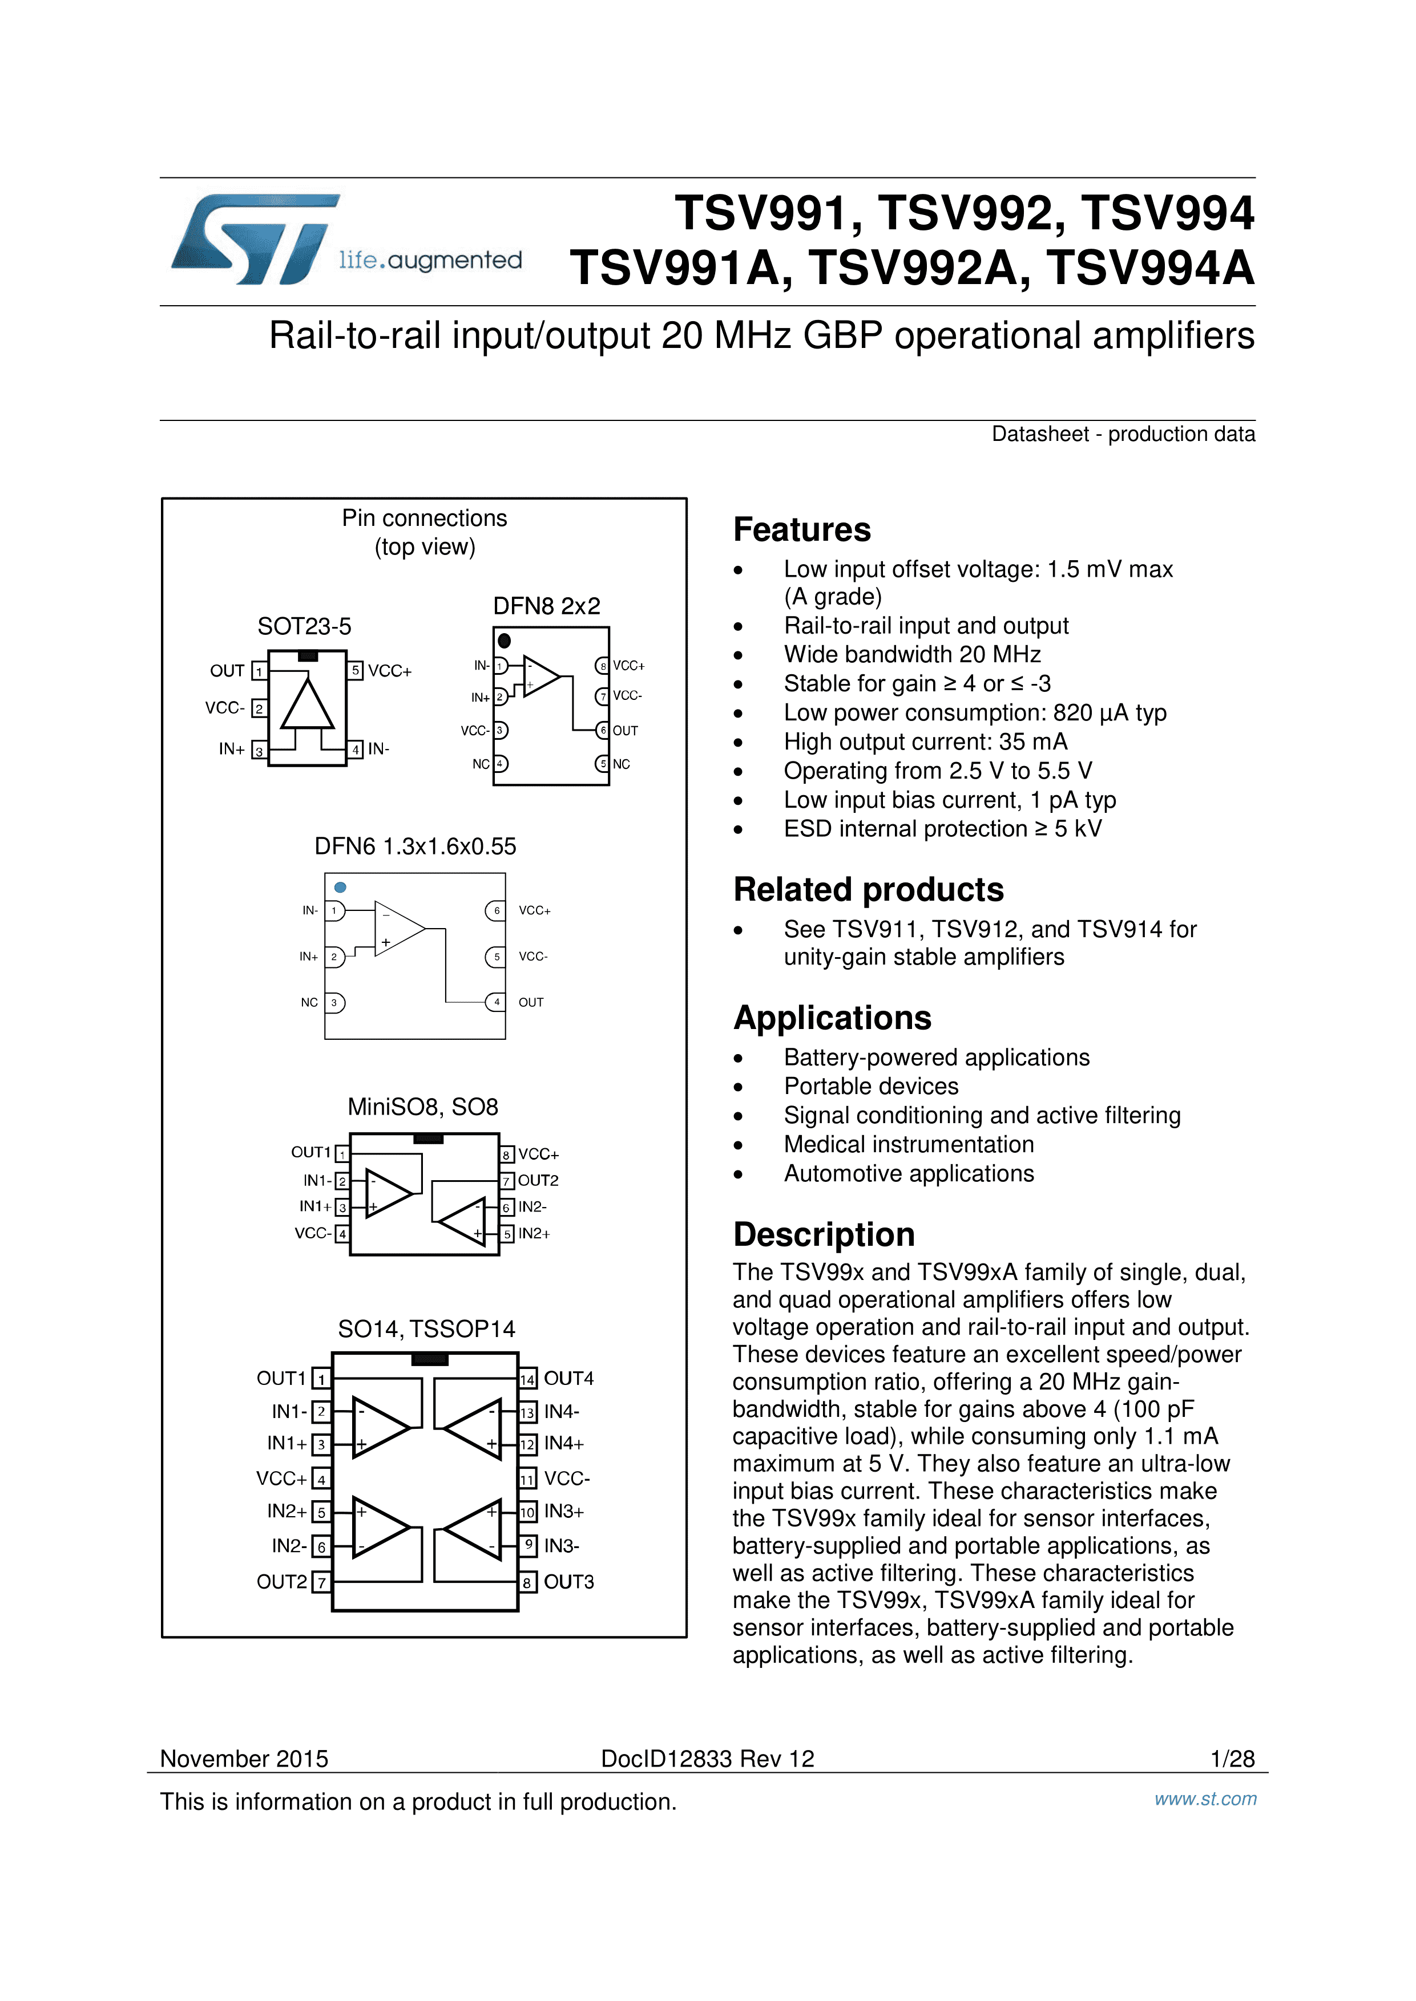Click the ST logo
(254, 239)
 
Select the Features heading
(801, 530)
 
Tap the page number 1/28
(1232, 1759)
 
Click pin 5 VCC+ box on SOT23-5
(356, 671)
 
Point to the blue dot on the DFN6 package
(340, 887)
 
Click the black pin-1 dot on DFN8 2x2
(504, 641)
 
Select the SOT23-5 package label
(304, 627)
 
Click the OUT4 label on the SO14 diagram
(568, 1379)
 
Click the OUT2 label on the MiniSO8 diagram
(538, 1181)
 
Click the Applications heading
(832, 1018)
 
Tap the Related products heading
(869, 890)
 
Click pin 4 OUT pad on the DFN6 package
(496, 1002)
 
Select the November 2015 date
(244, 1759)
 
